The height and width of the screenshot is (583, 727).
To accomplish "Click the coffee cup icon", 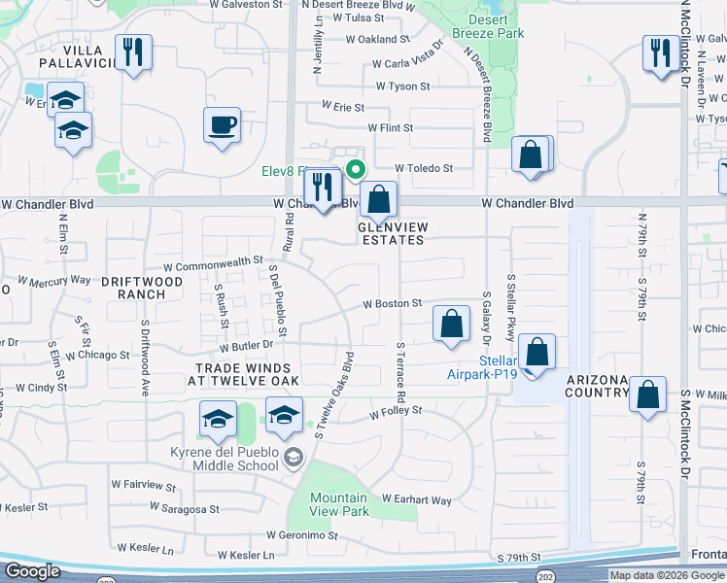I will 223,125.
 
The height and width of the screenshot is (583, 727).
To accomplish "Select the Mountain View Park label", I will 339,504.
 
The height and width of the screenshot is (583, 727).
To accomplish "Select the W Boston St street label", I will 392,304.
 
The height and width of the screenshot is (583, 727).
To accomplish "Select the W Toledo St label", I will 424,168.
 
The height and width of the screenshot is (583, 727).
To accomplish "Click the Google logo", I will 32,571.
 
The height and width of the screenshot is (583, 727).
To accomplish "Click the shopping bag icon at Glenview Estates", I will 379,199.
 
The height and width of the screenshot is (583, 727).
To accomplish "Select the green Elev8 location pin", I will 356,169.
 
